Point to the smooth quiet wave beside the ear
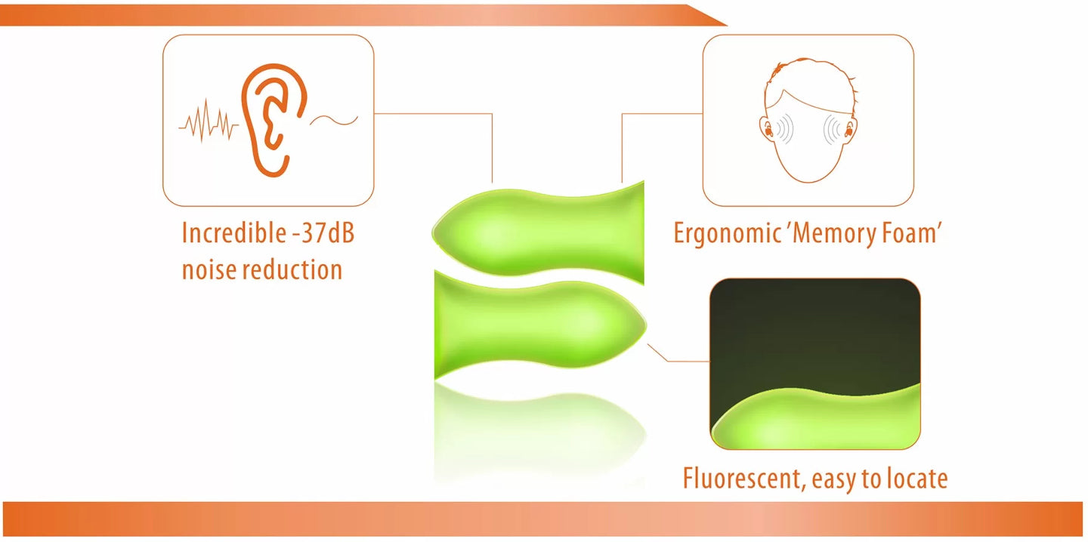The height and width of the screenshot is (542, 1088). point(334,120)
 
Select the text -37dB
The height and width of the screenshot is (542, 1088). point(324,233)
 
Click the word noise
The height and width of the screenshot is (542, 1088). point(209,269)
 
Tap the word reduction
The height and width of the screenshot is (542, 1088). point(292,269)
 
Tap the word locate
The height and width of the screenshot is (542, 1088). point(917,479)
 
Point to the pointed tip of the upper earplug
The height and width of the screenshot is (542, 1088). point(433,232)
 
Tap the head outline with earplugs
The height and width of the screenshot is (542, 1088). point(808,120)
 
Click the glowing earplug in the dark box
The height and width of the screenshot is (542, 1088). point(816,417)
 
